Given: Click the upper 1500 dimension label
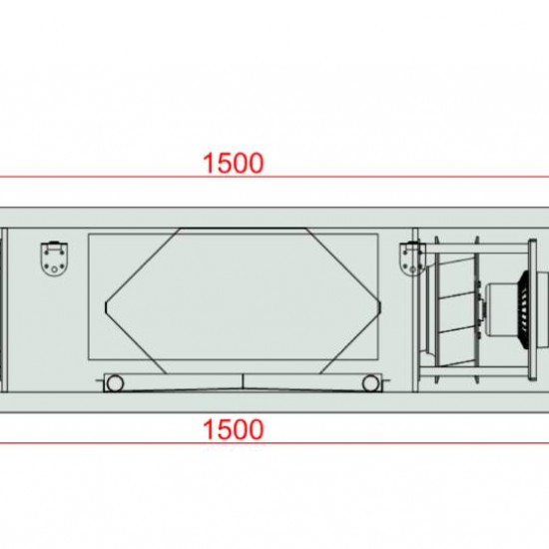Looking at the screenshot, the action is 234,163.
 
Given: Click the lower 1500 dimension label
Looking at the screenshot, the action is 234,429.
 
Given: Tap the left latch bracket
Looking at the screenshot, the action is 54,259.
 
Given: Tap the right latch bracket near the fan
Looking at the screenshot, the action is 413,259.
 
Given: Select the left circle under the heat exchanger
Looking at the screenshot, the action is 115,383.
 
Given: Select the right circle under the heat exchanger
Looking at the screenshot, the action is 370,383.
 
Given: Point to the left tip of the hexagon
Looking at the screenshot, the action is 106,307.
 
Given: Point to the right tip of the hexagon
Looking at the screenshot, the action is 380,307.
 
